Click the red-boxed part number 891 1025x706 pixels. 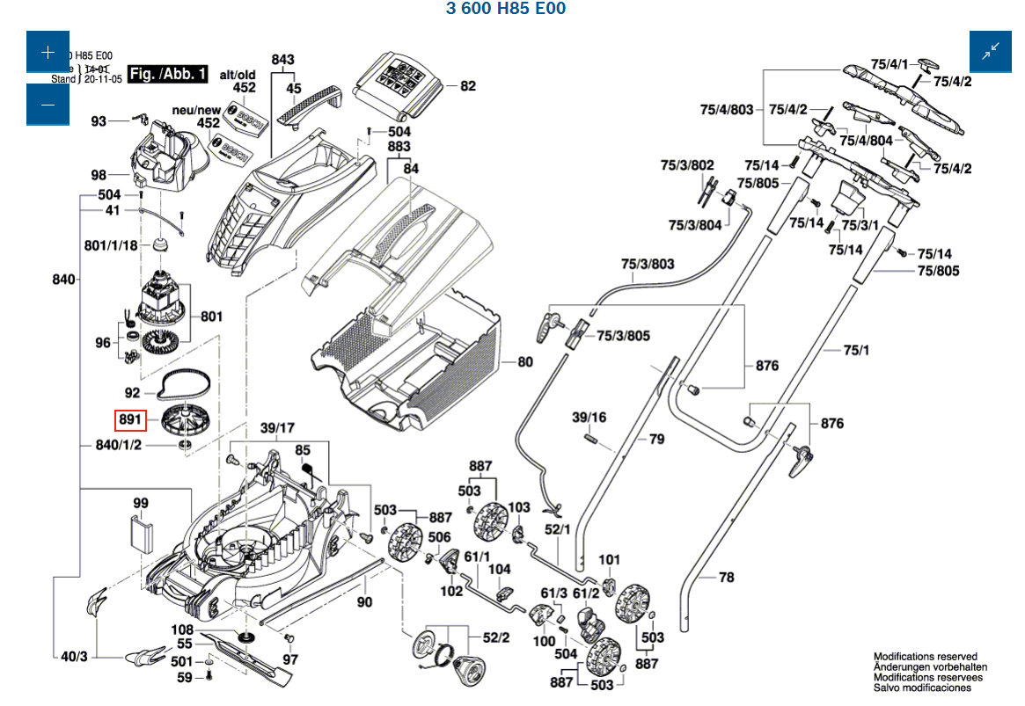coord(130,421)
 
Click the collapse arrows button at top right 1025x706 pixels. coord(990,52)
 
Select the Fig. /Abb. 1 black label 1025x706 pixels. coord(167,74)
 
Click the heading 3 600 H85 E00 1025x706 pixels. coord(506,9)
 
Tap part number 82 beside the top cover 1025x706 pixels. coord(467,86)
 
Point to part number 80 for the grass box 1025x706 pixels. coord(525,361)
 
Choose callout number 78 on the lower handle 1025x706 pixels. coord(726,578)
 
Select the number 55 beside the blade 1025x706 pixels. coord(185,644)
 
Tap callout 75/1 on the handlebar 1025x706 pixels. coord(855,351)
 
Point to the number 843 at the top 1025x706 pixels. coord(283,60)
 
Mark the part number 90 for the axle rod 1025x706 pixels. coord(364,602)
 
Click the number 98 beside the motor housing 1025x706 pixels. coord(98,174)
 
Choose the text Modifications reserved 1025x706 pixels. coord(925,657)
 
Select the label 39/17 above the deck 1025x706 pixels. coord(278,428)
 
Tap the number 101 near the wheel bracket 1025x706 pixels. coord(610,559)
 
